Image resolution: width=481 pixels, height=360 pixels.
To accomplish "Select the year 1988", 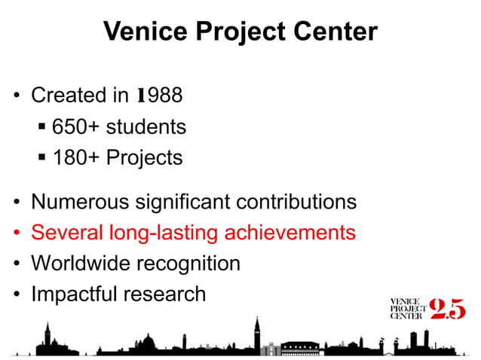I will (159, 96).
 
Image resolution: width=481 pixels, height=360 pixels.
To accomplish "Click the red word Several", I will (65, 233).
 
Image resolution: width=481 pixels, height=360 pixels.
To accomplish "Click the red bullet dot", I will (16, 233).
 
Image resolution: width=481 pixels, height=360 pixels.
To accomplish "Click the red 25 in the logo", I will (446, 309).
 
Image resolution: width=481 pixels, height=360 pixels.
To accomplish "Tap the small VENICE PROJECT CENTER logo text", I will (406, 309).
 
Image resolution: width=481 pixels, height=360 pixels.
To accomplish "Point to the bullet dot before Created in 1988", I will (16, 97).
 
